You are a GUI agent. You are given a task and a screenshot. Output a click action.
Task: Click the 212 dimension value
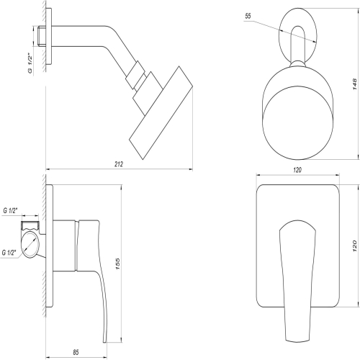click(119, 164)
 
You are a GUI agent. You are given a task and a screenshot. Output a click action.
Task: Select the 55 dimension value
click(248, 16)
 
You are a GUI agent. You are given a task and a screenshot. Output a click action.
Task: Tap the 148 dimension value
click(355, 84)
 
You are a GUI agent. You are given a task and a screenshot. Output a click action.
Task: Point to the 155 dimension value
click(117, 264)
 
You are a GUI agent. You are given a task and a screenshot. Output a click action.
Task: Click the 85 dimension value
click(76, 352)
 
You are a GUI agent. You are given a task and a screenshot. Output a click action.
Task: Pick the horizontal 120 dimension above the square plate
click(297, 170)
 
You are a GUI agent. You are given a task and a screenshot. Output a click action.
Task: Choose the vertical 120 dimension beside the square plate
click(355, 246)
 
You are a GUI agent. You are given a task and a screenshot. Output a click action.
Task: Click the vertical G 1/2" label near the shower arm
click(30, 63)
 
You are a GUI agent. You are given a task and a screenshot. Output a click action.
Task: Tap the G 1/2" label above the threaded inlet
click(10, 211)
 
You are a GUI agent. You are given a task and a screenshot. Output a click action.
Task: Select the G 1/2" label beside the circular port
click(9, 253)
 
